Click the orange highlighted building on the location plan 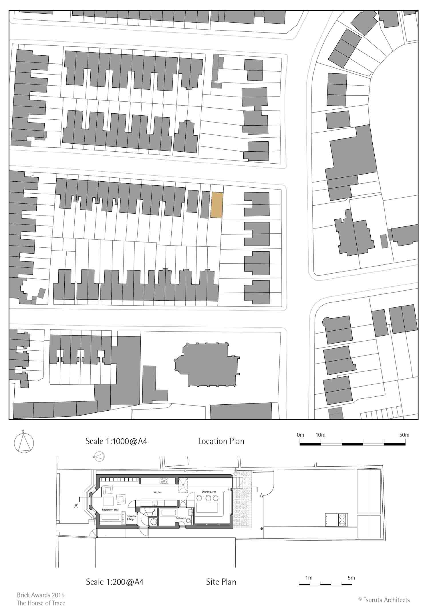[x=217, y=205]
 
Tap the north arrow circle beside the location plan [x=24, y=443]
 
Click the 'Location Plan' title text [x=221, y=441]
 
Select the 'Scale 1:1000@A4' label [x=116, y=441]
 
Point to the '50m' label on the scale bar [x=404, y=435]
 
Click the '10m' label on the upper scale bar [x=320, y=435]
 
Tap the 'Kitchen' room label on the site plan [x=158, y=492]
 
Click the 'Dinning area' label [x=209, y=492]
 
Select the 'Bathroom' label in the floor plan [x=181, y=518]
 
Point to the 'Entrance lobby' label [x=132, y=517]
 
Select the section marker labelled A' [x=76, y=506]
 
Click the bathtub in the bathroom [x=169, y=511]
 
